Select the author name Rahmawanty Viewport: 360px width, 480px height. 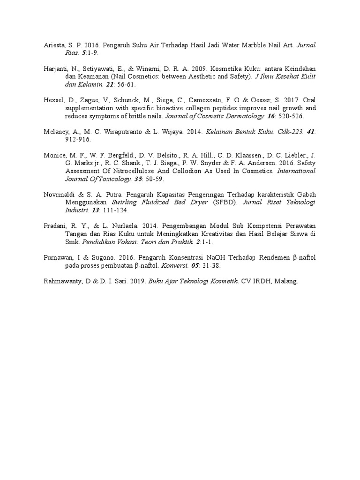point(58,281)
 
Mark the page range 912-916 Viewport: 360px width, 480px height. point(77,140)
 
